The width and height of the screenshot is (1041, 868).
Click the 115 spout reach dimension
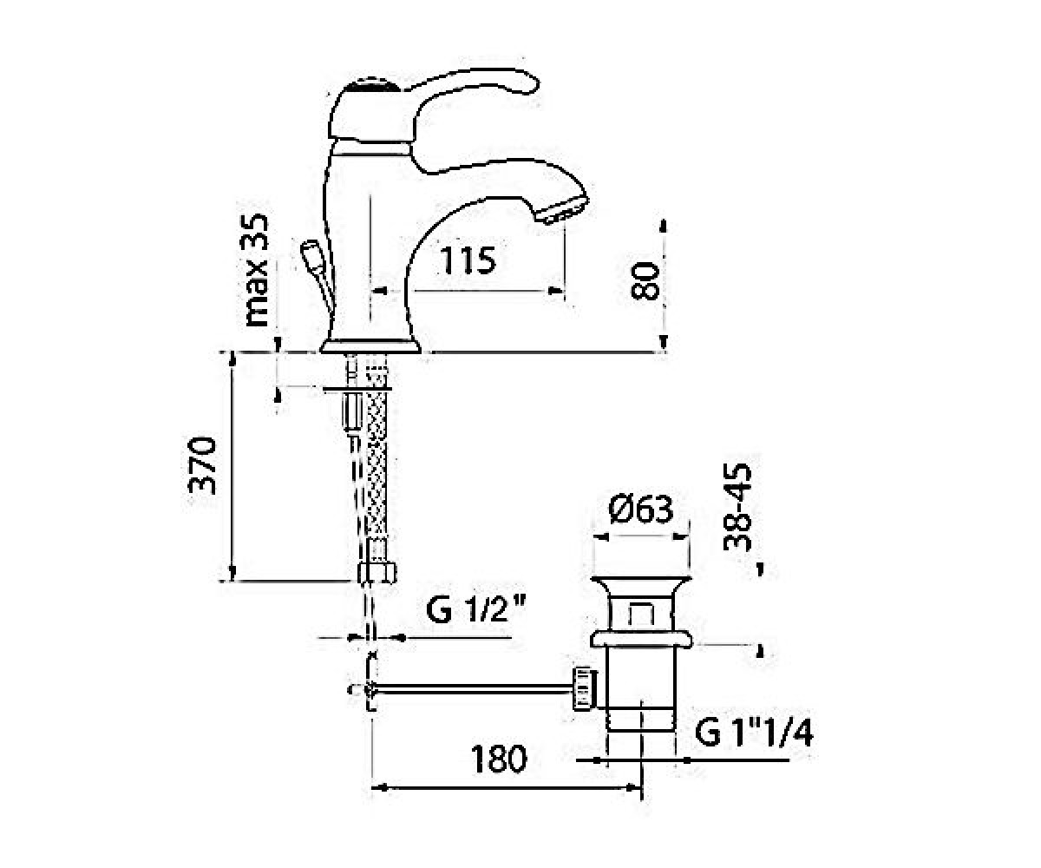point(468,260)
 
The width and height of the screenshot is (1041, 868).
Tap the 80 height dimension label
point(645,280)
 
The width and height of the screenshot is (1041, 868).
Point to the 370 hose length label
point(202,465)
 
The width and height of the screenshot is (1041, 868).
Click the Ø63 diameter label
point(641,510)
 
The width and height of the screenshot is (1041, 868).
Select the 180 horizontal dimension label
point(499,759)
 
